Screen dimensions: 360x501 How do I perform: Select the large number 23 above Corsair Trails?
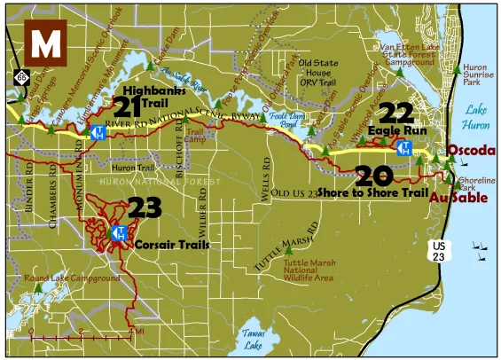tap(145, 208)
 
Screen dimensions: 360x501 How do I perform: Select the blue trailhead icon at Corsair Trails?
tap(117, 233)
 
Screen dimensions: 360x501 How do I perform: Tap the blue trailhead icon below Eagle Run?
tap(404, 147)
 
